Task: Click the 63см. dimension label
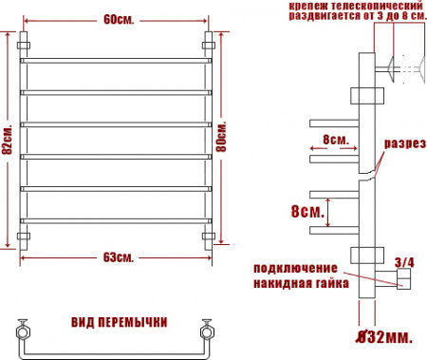coord(118,257)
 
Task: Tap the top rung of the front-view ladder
coord(118,61)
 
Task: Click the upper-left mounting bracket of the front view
coord(26,45)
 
